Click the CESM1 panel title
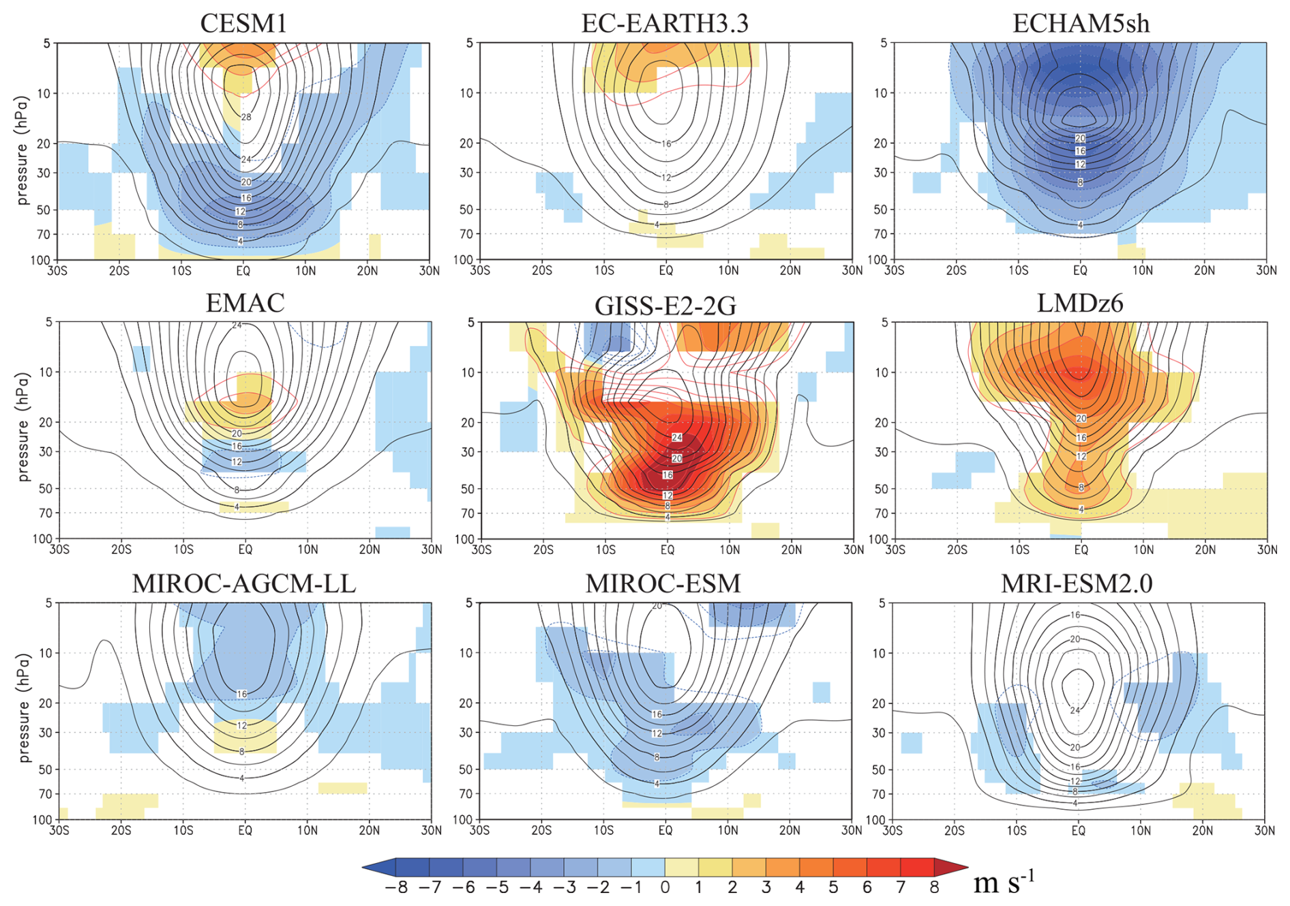(x=243, y=23)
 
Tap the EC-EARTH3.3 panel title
(x=665, y=23)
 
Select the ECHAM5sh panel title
(x=1081, y=23)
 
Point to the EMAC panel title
(x=245, y=303)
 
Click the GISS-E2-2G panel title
(x=665, y=306)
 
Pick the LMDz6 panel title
(x=1080, y=303)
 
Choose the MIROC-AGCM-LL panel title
(x=243, y=584)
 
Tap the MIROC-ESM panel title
(x=663, y=584)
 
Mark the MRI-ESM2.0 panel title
(x=1077, y=584)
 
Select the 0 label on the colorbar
(x=665, y=888)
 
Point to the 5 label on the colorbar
(x=833, y=888)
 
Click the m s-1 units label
(x=1004, y=883)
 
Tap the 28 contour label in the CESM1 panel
(x=246, y=117)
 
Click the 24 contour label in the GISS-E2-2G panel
(x=676, y=437)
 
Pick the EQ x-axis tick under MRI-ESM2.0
(x=1078, y=831)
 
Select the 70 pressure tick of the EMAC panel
(x=45, y=513)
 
